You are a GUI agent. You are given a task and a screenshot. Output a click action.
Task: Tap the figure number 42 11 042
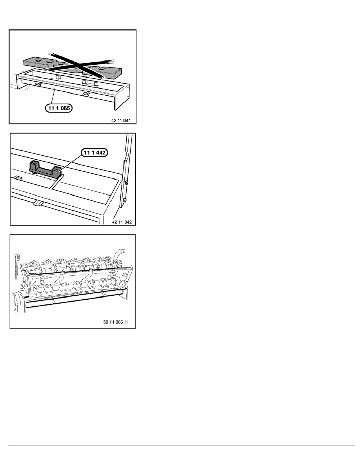tap(122, 222)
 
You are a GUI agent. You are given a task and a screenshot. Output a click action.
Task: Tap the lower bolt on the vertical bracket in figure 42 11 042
tap(124, 200)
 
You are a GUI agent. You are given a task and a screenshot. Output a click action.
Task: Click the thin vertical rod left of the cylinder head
tap(16, 267)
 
